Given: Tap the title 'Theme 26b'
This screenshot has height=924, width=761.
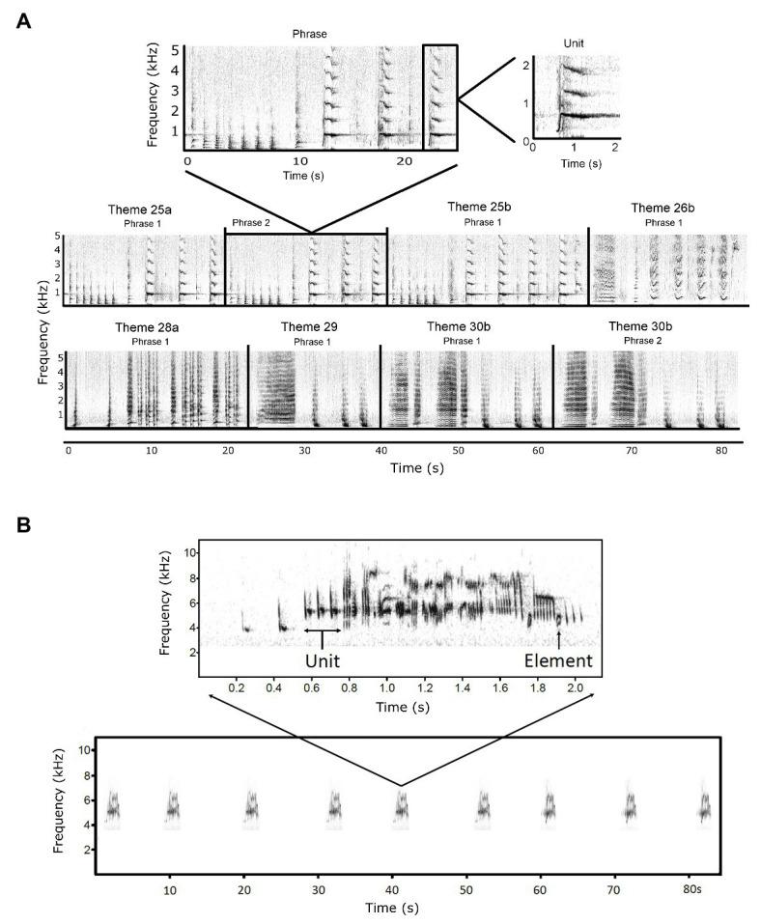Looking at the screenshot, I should click(x=662, y=208).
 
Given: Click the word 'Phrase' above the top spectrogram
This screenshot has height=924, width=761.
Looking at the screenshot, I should click(x=311, y=33).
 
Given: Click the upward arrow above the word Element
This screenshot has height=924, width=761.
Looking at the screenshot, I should click(x=559, y=639).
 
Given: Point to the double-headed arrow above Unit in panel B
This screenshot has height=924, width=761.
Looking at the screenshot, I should click(x=323, y=630).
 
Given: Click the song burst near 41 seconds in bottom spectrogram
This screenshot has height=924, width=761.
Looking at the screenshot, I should click(x=401, y=806).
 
